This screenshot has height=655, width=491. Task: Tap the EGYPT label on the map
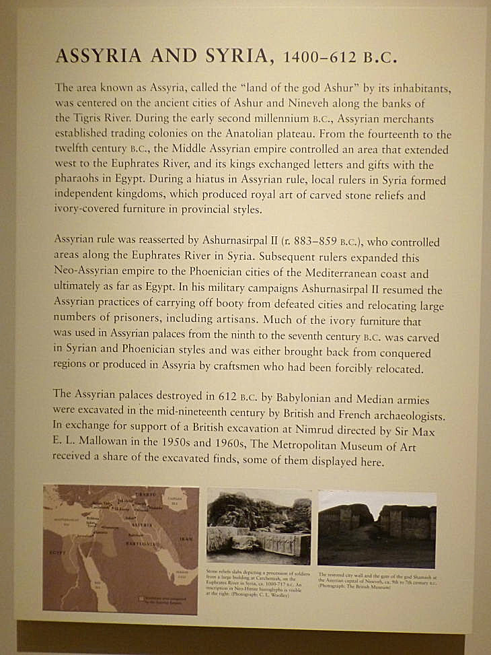pos(55,549)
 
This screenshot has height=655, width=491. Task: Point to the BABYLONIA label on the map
pos(140,543)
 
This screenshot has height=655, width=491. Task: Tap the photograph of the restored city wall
pos(377,528)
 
